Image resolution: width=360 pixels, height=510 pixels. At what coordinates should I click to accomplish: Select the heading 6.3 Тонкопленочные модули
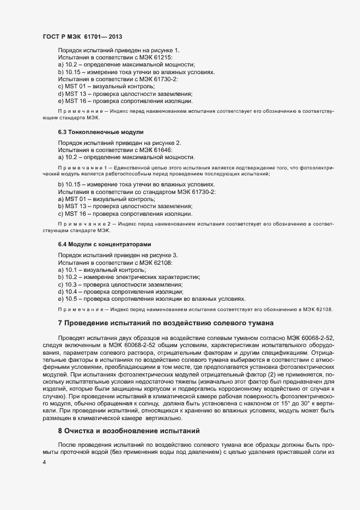(93, 132)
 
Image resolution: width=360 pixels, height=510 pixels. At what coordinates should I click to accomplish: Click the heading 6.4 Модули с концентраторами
(104, 244)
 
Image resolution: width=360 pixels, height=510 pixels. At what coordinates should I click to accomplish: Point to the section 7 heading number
(60, 323)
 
